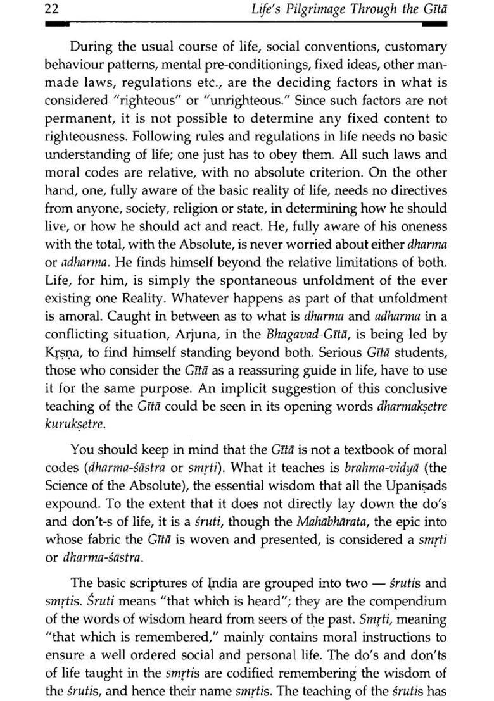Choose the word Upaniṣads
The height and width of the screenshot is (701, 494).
pos(413,487)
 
